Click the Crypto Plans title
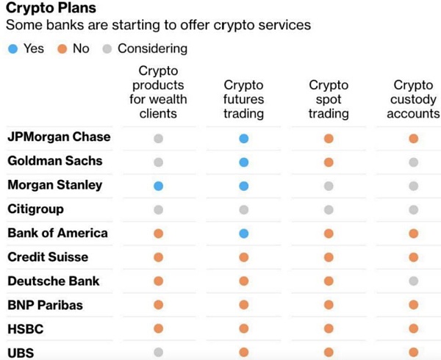click(x=49, y=10)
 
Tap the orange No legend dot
click(x=62, y=48)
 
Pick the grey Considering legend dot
click(x=107, y=48)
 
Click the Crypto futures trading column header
click(x=243, y=99)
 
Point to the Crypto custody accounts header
click(x=413, y=99)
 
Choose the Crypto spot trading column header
click(x=329, y=99)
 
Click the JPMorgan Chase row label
click(x=59, y=137)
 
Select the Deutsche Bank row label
click(x=54, y=281)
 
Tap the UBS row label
click(x=20, y=353)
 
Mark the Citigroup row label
click(x=36, y=209)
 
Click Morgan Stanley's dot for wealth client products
click(x=158, y=186)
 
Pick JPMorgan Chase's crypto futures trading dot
click(x=243, y=138)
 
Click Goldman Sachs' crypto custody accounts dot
click(x=413, y=162)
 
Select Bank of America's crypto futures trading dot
click(x=243, y=234)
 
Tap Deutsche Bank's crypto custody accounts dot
click(x=413, y=281)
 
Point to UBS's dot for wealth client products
click(x=158, y=353)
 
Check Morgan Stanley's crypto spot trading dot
click(x=329, y=186)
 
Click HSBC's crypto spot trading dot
click(x=329, y=329)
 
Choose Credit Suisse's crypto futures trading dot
click(x=243, y=257)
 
